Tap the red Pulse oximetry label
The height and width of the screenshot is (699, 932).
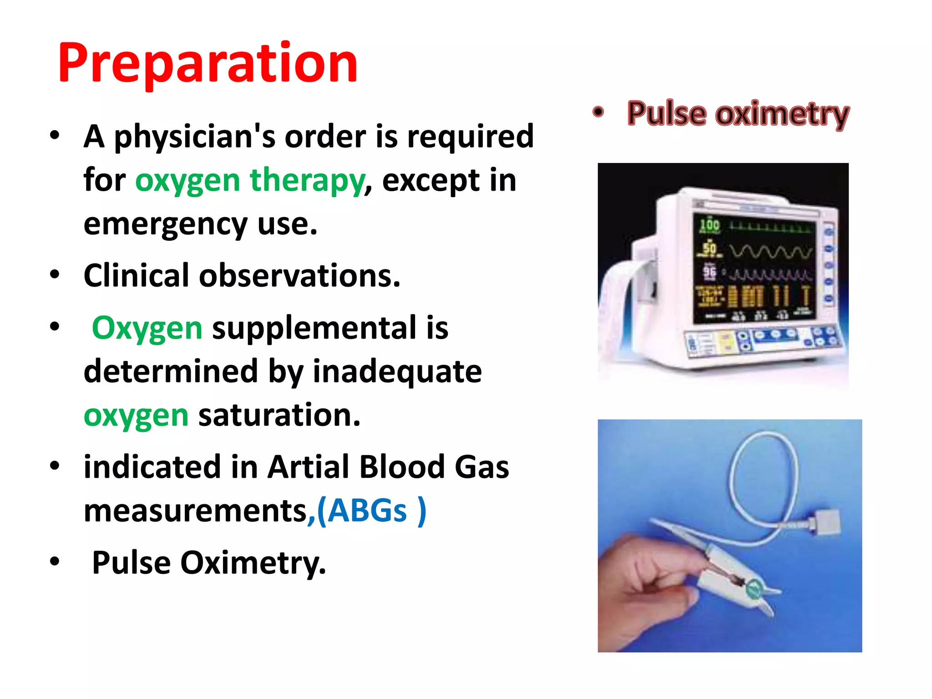point(738,114)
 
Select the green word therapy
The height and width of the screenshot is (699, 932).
point(307,181)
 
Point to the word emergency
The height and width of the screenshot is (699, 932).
point(166,225)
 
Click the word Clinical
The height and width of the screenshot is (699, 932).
point(136,276)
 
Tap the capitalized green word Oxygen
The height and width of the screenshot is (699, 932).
point(147,328)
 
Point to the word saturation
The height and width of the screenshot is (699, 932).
point(279,415)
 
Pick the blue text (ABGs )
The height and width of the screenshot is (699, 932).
point(371,511)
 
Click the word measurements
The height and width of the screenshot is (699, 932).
point(196,511)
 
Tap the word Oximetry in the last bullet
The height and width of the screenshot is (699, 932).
point(253,563)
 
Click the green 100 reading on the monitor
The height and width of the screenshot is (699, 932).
point(709,224)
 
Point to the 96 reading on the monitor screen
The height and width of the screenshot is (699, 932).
point(709,272)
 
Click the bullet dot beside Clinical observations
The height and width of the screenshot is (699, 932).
point(55,275)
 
